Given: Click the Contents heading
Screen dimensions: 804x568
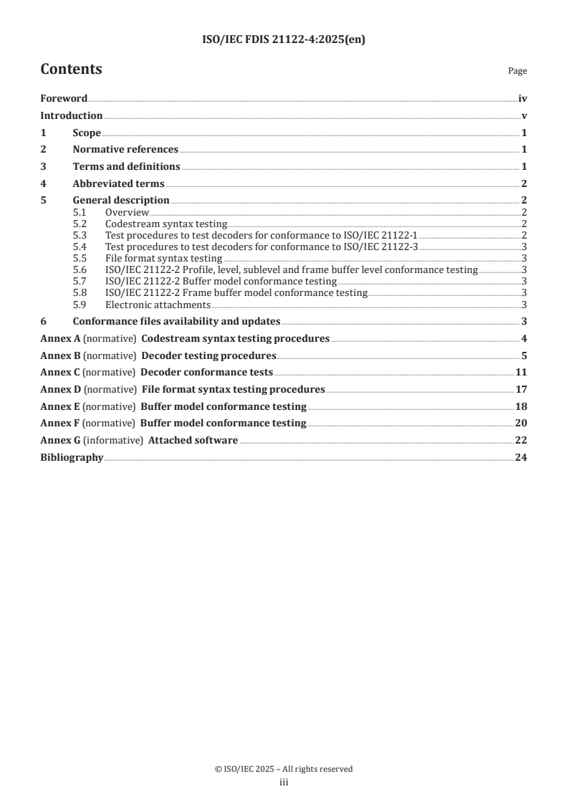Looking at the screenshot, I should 71,70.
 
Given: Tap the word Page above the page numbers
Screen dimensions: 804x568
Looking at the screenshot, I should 516,71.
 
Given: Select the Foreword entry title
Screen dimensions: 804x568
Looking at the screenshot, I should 64,99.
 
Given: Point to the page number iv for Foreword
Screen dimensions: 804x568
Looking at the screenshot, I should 522,99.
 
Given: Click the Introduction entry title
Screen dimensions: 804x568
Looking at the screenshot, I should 71,115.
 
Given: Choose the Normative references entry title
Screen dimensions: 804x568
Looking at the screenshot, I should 125,149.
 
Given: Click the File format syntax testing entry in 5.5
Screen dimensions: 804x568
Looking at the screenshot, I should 163,258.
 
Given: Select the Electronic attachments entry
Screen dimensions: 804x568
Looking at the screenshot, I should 158,304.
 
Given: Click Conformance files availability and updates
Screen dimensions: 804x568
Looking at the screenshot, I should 176,321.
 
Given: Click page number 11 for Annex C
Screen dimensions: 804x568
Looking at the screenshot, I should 521,372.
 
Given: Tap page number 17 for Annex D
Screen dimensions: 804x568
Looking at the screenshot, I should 521,389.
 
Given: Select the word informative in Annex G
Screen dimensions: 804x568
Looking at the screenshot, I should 113,440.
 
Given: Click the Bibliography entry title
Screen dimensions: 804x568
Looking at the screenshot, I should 72,457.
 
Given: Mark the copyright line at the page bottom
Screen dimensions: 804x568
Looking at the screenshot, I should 284,769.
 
